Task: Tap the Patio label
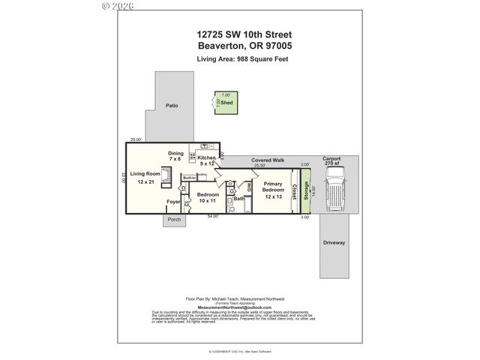point(172,106)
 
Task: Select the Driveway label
point(334,242)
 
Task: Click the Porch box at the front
point(174,220)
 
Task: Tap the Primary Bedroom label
point(273,190)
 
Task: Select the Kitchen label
point(207,158)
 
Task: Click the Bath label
point(238,199)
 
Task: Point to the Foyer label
point(173,201)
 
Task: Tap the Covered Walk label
point(268,160)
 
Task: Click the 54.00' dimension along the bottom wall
point(214,217)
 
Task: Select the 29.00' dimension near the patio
point(135,139)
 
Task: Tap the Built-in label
point(190,177)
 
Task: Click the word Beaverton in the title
point(219,45)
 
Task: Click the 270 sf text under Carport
point(331,163)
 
